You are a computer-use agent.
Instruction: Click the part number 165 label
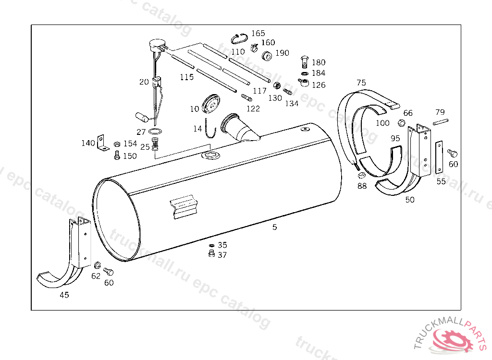tap(258, 33)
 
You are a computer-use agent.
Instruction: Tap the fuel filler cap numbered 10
tap(211, 103)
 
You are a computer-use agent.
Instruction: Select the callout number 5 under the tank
tap(274, 227)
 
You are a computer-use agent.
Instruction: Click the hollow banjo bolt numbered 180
tap(304, 62)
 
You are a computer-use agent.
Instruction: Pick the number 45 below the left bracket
tap(64, 295)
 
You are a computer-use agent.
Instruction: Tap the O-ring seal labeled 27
tap(155, 131)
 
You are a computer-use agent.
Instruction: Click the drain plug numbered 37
tap(212, 253)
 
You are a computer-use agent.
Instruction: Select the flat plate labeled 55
tap(439, 157)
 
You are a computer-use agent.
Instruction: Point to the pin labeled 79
tap(441, 121)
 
